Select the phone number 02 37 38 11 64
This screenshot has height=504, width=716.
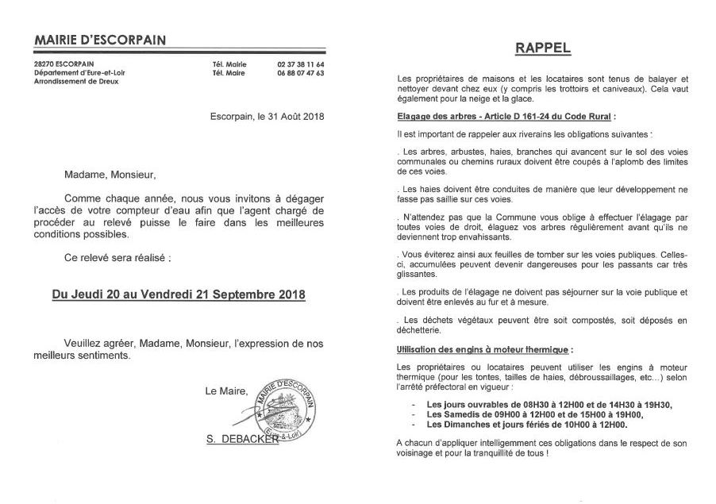click(x=300, y=64)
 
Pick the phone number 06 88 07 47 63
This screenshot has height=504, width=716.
click(x=300, y=73)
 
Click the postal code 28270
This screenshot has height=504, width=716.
click(x=45, y=64)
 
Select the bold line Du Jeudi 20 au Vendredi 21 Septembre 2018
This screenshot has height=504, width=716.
click(x=178, y=294)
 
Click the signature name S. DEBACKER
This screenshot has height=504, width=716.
click(x=241, y=438)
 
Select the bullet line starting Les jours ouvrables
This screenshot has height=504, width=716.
click(x=549, y=405)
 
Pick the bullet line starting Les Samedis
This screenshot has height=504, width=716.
click(x=535, y=414)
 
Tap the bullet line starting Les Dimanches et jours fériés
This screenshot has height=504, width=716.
click(x=527, y=425)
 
